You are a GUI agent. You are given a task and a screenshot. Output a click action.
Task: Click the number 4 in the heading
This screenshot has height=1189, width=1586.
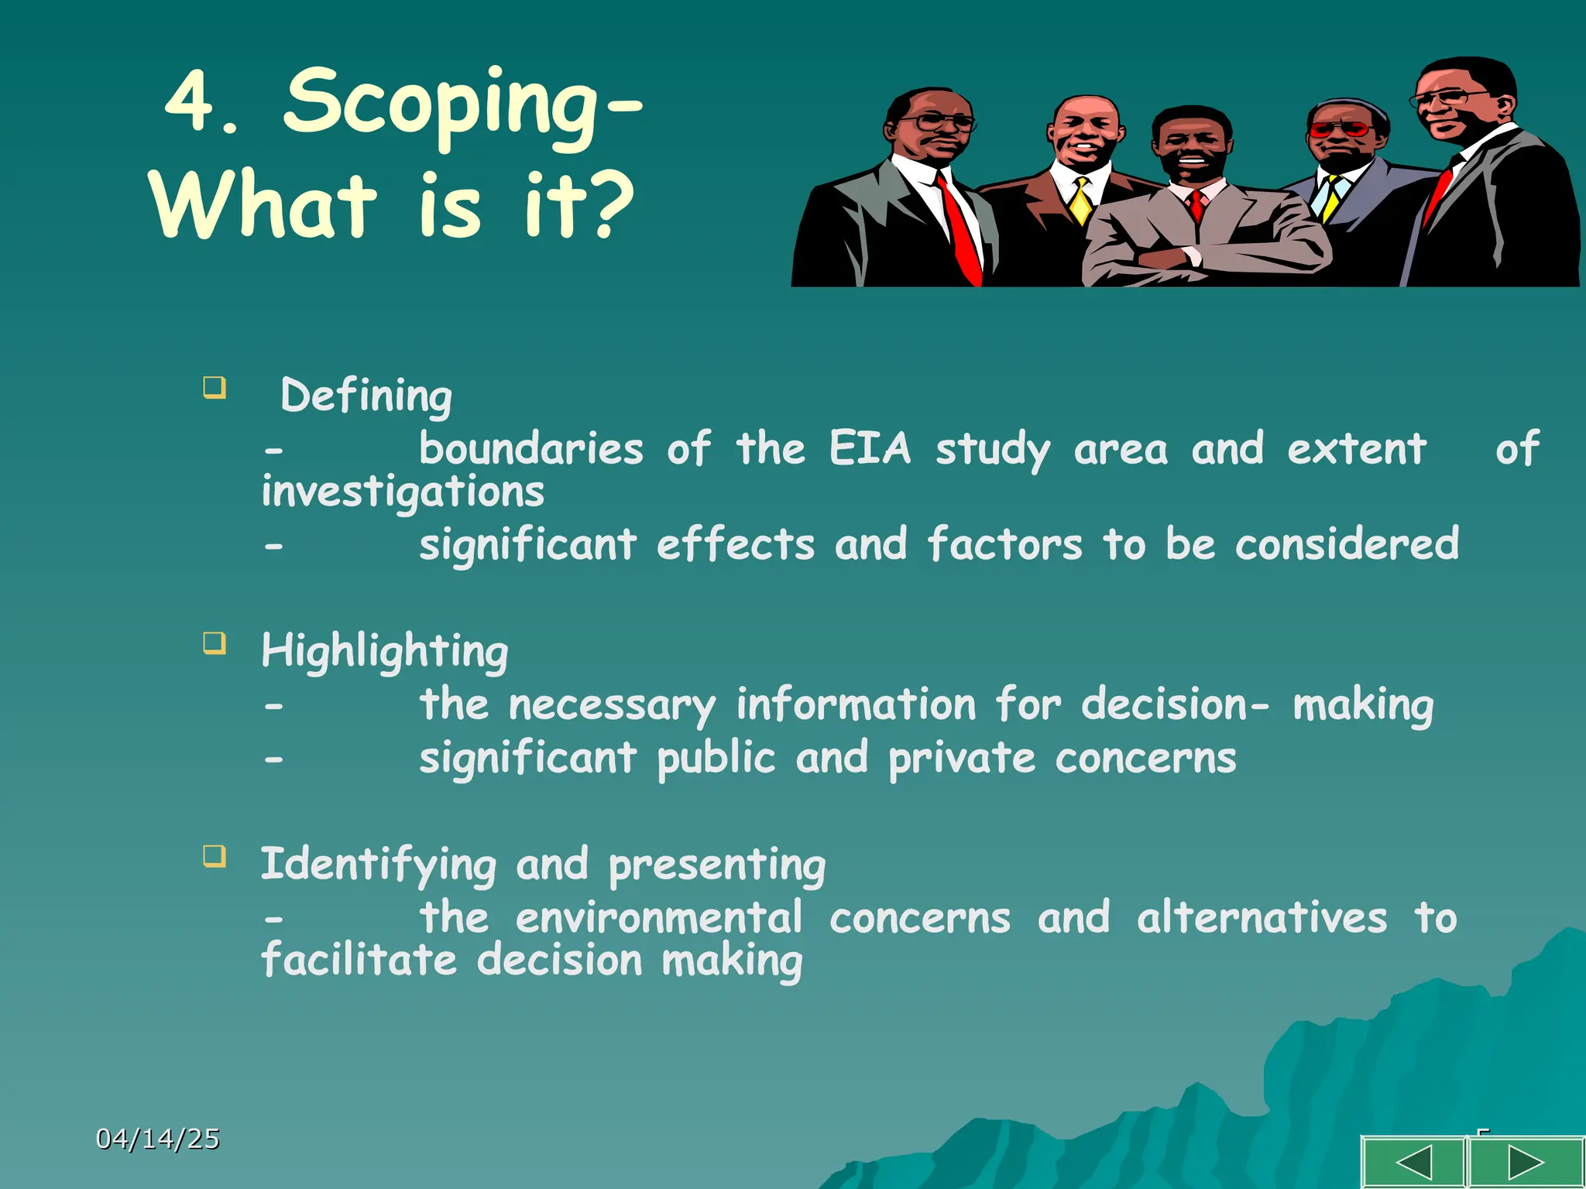tap(190, 101)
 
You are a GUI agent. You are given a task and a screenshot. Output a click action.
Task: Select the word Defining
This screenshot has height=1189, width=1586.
tap(366, 396)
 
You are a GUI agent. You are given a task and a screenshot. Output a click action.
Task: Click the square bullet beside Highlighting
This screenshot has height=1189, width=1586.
tap(215, 643)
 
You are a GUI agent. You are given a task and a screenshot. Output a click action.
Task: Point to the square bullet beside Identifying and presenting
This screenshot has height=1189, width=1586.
tap(215, 856)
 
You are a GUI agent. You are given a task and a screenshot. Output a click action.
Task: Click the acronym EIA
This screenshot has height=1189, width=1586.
tap(870, 448)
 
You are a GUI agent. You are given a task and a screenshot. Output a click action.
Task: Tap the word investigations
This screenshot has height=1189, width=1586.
tap(403, 492)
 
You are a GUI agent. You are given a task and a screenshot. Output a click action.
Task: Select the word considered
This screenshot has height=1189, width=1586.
tap(1347, 544)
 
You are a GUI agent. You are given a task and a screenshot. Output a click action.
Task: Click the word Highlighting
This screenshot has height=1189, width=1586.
tap(385, 651)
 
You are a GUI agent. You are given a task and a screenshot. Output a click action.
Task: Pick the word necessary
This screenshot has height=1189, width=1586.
tap(612, 706)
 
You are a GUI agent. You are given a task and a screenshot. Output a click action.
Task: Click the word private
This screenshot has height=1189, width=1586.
tap(961, 759)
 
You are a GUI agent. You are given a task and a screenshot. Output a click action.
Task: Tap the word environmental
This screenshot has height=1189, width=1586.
tap(658, 919)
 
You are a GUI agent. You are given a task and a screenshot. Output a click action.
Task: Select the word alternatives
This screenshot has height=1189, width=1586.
tap(1262, 919)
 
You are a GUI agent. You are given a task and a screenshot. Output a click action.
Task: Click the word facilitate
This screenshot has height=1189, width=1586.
tap(359, 961)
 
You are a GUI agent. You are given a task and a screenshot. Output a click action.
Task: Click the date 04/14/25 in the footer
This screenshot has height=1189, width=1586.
tap(158, 1139)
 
